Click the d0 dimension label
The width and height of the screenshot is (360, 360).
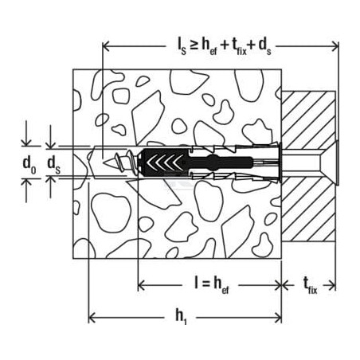tap(29, 165)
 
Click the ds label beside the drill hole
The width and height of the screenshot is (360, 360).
tap(54, 165)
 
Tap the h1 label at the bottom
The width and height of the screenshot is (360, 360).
tap(182, 316)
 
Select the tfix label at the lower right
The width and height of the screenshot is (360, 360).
tap(310, 286)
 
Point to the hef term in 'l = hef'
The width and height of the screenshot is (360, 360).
tap(221, 286)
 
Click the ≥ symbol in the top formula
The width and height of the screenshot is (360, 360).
tap(194, 45)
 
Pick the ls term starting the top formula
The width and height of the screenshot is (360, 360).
tap(182, 47)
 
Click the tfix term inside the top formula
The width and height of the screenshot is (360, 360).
tap(240, 47)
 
